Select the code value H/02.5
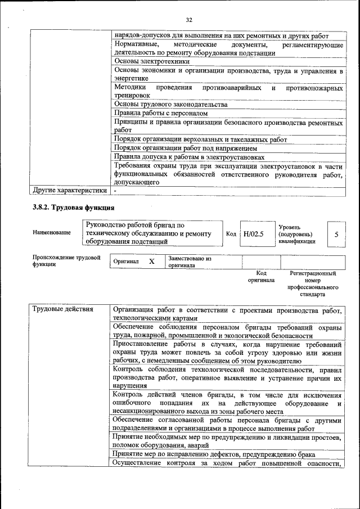click(254, 233)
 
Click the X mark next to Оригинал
click(151, 262)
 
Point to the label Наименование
click(52, 233)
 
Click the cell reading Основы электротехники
click(152, 61)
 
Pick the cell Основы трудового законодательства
click(170, 104)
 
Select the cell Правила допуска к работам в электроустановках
click(189, 157)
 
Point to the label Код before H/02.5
click(231, 233)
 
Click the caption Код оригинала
click(261, 276)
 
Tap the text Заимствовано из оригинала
click(190, 262)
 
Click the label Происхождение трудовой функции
click(66, 261)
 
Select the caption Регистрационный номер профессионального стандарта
click(313, 283)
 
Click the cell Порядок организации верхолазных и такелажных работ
click(200, 139)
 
